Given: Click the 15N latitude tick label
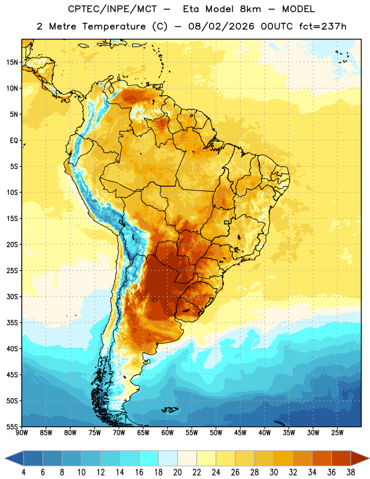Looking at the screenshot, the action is click(x=12, y=62).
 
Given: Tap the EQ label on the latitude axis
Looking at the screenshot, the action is click(x=14, y=141).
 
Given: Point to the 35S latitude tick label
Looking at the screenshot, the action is click(x=12, y=323).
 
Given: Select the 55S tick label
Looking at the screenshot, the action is click(x=12, y=427).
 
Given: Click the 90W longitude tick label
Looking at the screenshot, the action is click(x=22, y=433).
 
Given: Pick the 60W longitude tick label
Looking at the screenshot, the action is click(x=168, y=433).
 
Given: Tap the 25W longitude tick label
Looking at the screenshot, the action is click(x=337, y=433).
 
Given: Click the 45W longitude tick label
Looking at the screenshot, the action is click(x=240, y=433).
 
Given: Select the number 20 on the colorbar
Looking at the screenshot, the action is click(x=177, y=472).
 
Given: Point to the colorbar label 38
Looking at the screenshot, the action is click(x=350, y=472).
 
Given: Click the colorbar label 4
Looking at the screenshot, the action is click(x=23, y=472).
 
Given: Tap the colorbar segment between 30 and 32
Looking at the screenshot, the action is click(x=283, y=459).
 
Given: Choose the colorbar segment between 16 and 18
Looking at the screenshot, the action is click(x=149, y=459).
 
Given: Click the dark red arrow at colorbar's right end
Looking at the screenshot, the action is click(x=360, y=459).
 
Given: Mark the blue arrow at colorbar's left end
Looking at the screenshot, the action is click(x=14, y=459).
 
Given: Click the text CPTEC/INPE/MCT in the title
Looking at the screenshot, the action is click(x=113, y=9).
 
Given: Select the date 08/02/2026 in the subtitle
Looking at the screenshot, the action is click(x=221, y=26).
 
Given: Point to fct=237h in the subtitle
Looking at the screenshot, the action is click(x=323, y=26).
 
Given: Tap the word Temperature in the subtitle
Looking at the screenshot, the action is click(x=114, y=26).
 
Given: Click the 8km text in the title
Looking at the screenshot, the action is click(x=250, y=9).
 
